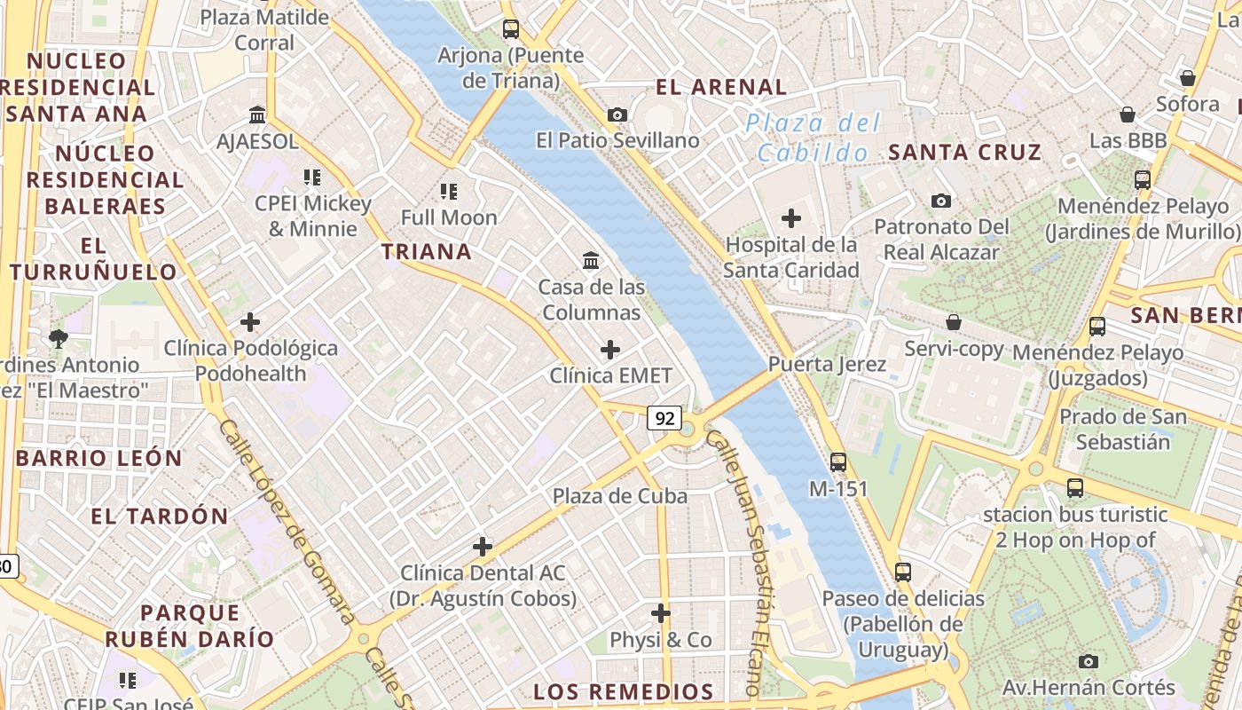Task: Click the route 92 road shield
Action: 664,417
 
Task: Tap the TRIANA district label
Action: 427,252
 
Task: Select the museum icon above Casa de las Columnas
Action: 591,260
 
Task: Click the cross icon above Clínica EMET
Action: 610,350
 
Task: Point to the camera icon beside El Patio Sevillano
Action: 617,114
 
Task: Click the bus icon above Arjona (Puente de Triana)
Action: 511,29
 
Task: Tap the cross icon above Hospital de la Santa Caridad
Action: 790,217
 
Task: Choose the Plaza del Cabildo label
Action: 814,138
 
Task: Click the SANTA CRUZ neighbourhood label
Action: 965,153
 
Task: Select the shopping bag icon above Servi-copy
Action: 954,322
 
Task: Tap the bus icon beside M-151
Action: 838,461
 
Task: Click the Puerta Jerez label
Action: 827,364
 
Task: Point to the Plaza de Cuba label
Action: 620,496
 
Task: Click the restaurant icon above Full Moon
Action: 449,191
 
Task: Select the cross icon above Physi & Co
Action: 660,613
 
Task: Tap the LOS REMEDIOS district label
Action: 624,692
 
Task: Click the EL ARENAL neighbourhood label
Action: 721,87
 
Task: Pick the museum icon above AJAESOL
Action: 257,114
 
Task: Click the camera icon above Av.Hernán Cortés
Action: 1089,661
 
